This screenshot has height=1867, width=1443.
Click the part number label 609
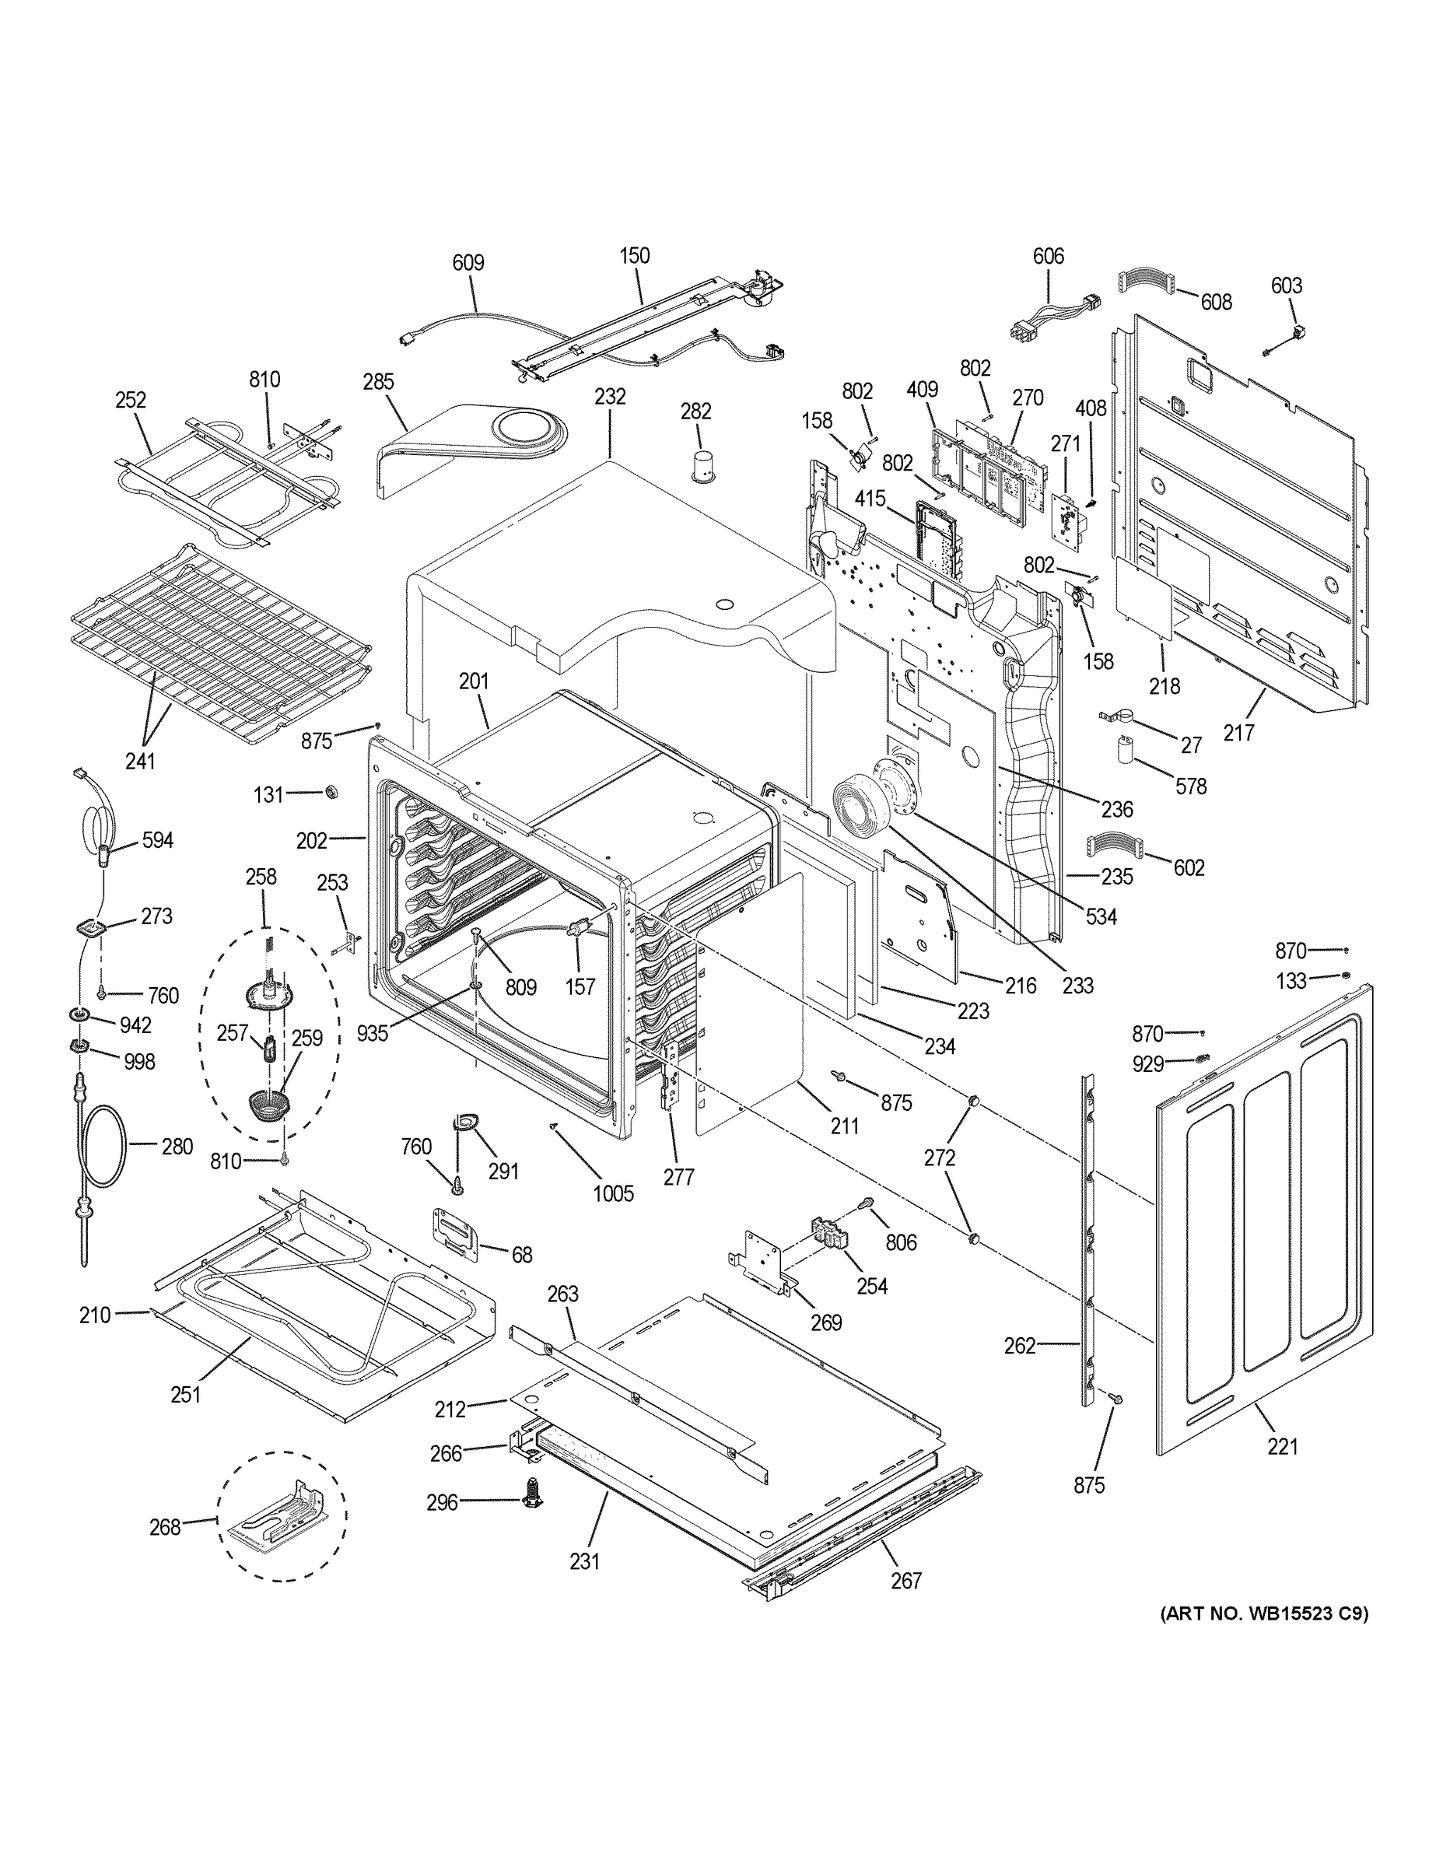468,262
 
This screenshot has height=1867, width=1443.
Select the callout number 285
378,381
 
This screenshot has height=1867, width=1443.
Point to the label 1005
613,1194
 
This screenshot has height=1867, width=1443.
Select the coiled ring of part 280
105,1146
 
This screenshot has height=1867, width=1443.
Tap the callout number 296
442,1502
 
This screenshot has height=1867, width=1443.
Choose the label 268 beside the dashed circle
164,1526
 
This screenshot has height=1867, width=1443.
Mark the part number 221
1282,1445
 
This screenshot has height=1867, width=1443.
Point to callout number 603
1286,285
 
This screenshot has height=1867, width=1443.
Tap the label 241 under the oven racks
140,759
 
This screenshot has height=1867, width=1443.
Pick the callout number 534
1101,916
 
